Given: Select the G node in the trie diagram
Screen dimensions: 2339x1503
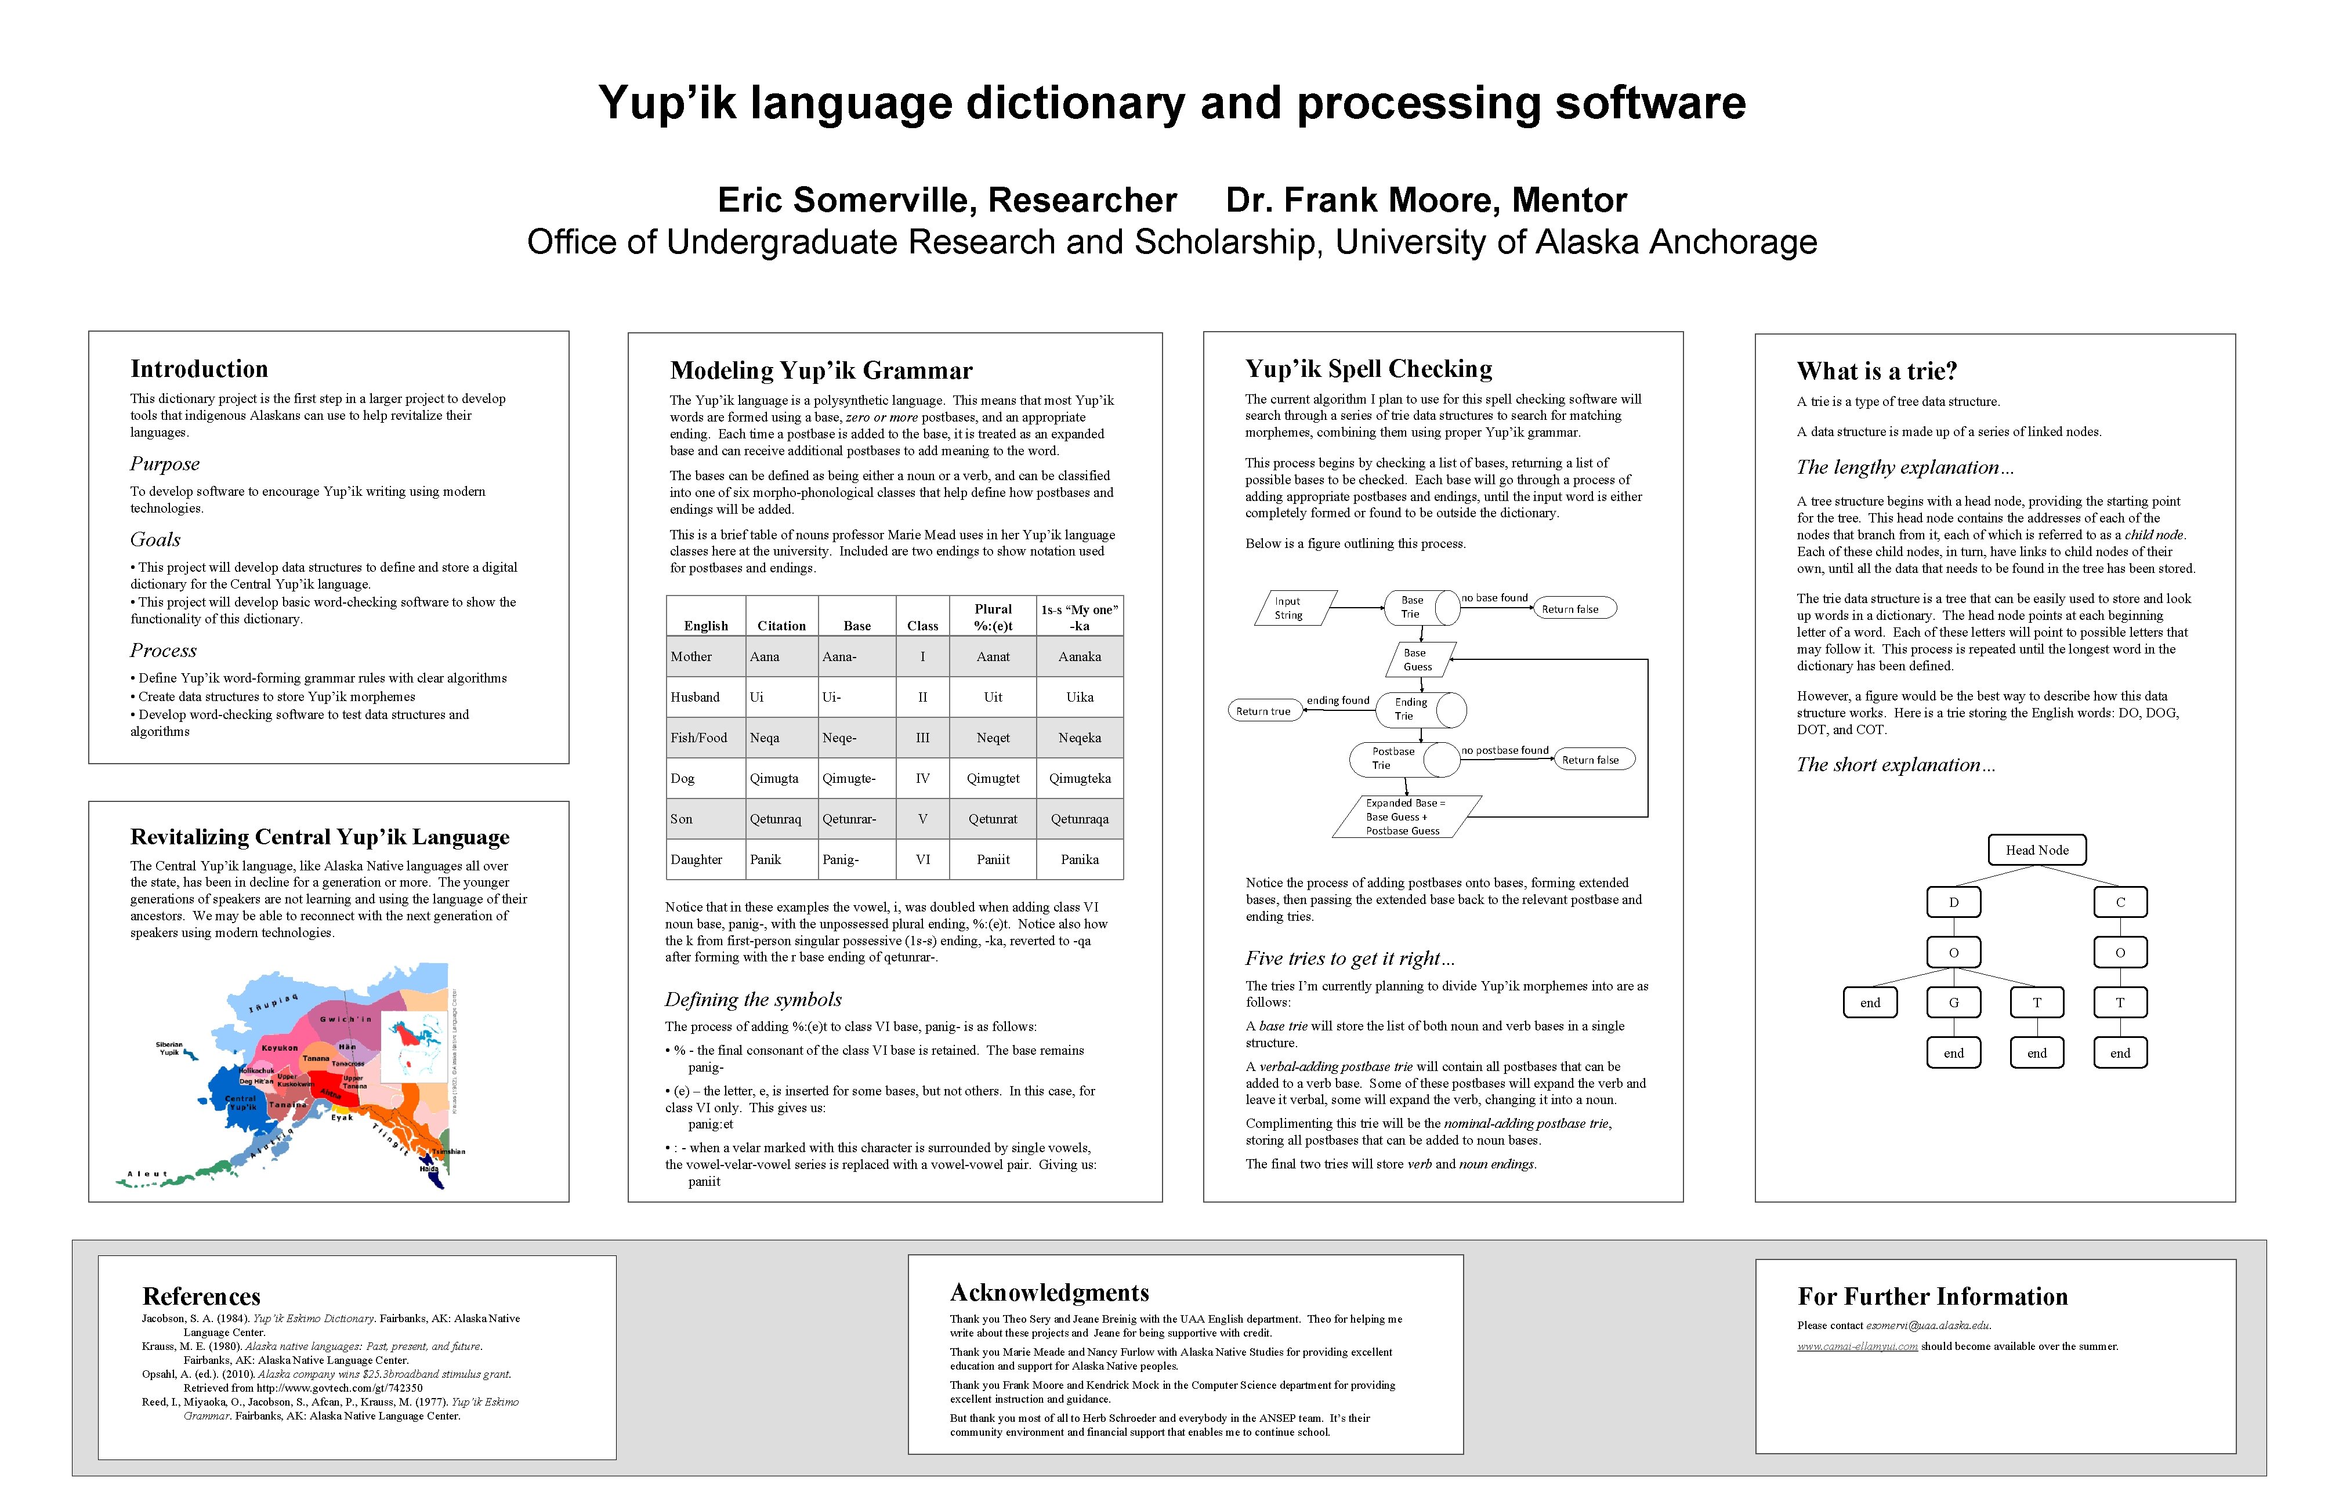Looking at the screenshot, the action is click(1953, 1003).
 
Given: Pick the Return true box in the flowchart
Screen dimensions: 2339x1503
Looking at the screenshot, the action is click(1263, 711).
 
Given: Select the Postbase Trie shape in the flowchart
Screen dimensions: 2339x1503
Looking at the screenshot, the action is click(1394, 758).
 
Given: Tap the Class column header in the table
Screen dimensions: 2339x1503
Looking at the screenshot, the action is click(922, 626).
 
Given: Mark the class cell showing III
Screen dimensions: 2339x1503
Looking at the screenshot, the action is click(922, 738).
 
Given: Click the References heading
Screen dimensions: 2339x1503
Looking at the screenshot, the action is click(201, 1296).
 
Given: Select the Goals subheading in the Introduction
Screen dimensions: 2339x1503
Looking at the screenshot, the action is click(155, 540).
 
